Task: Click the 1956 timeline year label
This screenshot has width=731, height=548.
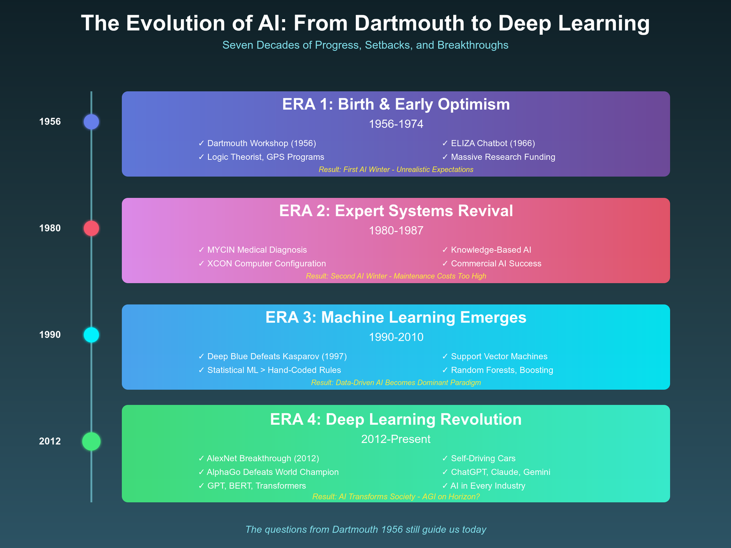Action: (x=50, y=122)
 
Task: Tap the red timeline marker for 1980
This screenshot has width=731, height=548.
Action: (x=91, y=228)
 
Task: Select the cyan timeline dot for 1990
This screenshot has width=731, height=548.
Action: (x=91, y=335)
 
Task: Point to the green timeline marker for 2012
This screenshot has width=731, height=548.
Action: (x=91, y=441)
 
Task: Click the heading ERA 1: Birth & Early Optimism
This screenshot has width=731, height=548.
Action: (x=396, y=105)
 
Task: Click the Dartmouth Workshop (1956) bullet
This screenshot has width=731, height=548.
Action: (x=261, y=143)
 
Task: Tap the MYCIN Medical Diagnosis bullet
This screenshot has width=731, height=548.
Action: (x=257, y=250)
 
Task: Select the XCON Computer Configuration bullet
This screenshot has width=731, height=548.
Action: (x=266, y=264)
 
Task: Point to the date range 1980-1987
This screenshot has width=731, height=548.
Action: (x=396, y=231)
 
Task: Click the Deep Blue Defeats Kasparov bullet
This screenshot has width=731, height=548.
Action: (x=277, y=357)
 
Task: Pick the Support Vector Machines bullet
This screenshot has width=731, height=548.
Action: (x=499, y=357)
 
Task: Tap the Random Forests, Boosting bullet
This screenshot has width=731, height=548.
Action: (x=502, y=370)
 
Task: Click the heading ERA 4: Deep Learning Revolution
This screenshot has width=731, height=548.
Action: (x=396, y=420)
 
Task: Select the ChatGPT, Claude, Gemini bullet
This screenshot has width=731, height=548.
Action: (x=500, y=472)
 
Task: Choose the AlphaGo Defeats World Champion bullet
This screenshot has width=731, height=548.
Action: (x=273, y=472)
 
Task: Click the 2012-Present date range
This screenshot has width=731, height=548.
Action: (x=396, y=439)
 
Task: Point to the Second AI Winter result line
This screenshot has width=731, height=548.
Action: (x=396, y=276)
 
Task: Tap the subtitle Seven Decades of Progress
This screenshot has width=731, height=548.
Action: (x=365, y=45)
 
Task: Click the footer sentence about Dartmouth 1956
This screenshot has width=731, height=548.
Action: (x=365, y=530)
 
